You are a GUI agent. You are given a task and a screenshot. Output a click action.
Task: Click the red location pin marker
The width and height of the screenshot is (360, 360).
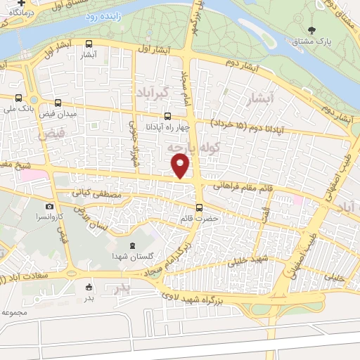click(181, 166)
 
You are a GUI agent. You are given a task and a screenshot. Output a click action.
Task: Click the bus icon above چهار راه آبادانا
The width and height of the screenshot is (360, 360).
click(167, 117)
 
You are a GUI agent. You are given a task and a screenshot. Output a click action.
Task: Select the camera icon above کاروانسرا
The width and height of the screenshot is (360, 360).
click(49, 206)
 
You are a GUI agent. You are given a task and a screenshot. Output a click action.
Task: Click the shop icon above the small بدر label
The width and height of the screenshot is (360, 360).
click(89, 286)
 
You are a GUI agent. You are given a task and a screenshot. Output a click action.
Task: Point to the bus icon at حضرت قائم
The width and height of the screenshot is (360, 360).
click(200, 207)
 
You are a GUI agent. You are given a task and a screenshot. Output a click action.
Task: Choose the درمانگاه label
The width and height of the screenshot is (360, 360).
click(22, 13)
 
